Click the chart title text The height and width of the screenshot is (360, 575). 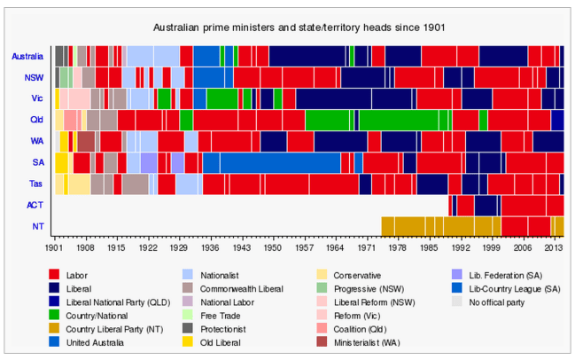pos(287,27)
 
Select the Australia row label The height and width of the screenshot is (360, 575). pos(27,56)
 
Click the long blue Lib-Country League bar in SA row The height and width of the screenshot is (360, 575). pos(280,162)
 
